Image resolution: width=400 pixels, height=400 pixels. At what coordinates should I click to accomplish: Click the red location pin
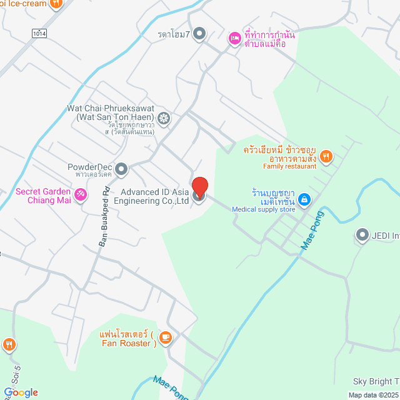(x=199, y=187)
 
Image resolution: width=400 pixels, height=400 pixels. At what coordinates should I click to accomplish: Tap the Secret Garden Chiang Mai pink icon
(x=80, y=195)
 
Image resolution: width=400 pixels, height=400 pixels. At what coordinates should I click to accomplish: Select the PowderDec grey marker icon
(x=121, y=168)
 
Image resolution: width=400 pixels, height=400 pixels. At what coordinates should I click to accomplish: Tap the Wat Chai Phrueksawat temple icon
(x=164, y=117)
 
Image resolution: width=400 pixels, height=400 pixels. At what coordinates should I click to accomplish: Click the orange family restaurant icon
(x=325, y=156)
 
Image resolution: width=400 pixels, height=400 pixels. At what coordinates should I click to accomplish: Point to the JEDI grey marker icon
(x=362, y=235)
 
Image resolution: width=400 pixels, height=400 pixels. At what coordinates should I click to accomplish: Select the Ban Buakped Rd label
(x=104, y=216)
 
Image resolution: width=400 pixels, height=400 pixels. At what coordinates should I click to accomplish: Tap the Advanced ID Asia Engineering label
(x=156, y=196)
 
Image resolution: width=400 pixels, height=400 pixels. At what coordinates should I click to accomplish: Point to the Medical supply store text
(x=262, y=209)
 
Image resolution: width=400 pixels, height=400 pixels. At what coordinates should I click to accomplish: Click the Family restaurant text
(x=289, y=166)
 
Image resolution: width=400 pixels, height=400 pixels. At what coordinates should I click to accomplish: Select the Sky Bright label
(x=376, y=381)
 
